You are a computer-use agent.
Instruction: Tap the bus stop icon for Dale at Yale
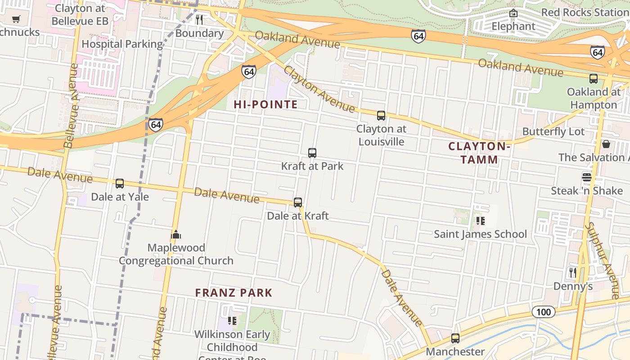pos(120,184)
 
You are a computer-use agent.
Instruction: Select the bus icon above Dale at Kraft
pos(298,202)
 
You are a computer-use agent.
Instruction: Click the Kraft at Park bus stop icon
pos(312,153)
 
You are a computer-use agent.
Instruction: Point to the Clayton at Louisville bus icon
pos(381,116)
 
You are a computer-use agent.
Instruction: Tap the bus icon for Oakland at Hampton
pos(594,79)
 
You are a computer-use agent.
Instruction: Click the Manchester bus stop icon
pos(455,338)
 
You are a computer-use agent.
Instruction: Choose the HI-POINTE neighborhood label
pos(265,105)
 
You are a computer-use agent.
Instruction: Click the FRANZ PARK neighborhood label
pos(234,293)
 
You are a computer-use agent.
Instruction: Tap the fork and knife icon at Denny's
pos(572,272)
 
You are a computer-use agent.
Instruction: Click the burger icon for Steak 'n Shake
pos(586,177)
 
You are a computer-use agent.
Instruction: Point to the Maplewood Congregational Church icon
pos(176,234)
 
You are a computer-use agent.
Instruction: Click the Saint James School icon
pos(480,220)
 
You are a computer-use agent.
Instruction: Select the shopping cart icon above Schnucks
pos(16,19)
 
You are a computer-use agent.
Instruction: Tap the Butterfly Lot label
pos(553,132)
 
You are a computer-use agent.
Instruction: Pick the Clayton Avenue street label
pos(319,90)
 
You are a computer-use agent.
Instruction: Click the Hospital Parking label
pos(122,44)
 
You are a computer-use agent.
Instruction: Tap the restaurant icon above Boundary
pos(199,20)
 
